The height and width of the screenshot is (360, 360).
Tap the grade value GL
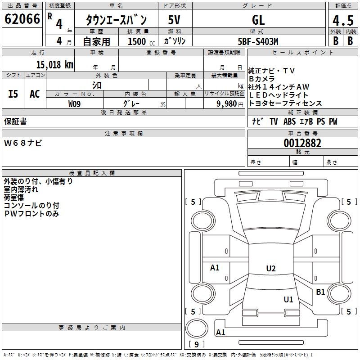[258, 20]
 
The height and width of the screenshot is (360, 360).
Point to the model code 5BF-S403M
[258, 41]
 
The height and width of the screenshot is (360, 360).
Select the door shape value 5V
[175, 20]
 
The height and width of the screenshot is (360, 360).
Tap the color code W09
[75, 104]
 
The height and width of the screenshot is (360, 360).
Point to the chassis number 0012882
[302, 144]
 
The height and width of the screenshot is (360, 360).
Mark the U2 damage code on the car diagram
[270, 269]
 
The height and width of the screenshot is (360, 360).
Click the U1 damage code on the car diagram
[288, 299]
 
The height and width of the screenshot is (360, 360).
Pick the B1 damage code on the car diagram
[320, 292]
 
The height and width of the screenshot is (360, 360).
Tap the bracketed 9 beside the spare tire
[197, 345]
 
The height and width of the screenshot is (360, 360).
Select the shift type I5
[13, 94]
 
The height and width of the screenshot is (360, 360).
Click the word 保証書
[15, 121]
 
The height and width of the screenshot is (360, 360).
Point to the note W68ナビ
[23, 143]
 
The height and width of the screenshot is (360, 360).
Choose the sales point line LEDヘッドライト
[279, 95]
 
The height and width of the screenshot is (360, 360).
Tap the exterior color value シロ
[96, 85]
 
